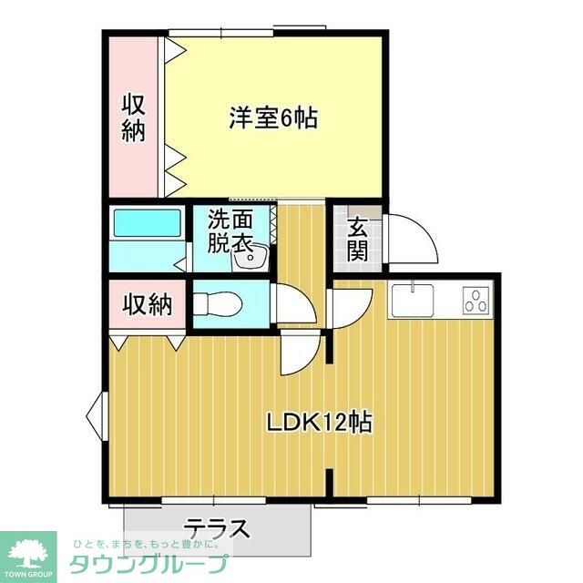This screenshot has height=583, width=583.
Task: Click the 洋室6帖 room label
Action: pos(272,118)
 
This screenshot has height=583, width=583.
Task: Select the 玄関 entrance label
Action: pos(356,238)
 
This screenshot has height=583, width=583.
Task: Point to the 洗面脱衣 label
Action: pos(229,230)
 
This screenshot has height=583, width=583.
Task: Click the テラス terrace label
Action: pos(218,527)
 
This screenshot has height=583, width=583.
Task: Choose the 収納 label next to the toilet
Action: pos(148,304)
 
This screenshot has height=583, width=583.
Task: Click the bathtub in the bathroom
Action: pos(146,225)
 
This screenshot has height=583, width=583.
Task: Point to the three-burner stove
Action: pos(476,300)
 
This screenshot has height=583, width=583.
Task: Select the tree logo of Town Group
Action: pos(28,552)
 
